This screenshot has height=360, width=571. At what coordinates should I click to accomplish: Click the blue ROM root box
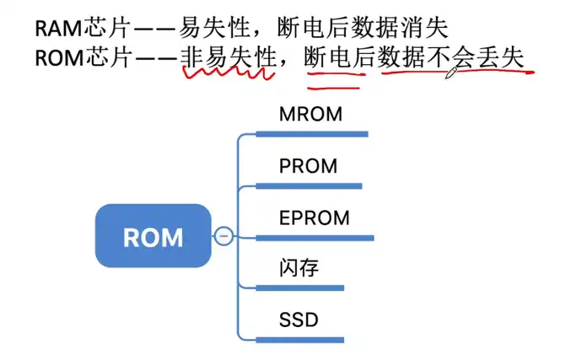153,236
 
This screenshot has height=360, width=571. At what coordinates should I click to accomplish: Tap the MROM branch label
310,114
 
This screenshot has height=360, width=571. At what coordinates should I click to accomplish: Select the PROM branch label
308,166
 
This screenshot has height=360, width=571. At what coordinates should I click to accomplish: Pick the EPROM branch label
314,218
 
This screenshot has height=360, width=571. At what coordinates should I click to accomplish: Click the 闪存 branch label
299,269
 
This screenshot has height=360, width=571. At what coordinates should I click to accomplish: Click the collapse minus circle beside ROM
224,237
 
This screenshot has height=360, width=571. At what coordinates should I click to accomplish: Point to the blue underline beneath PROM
309,185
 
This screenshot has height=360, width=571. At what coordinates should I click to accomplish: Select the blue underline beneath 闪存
299,288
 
